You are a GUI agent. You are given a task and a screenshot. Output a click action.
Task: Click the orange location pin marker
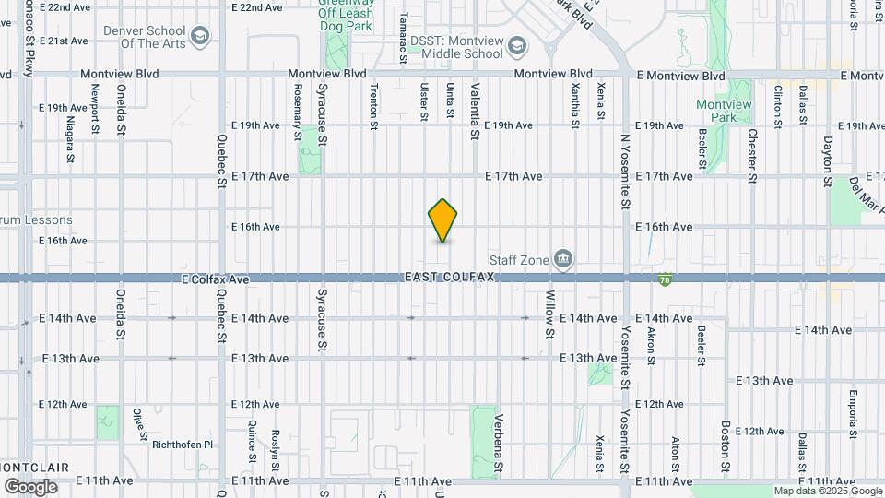point(443,220)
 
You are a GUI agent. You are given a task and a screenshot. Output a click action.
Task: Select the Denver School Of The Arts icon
point(200,37)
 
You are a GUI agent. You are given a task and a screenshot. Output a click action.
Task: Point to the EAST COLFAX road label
point(450,278)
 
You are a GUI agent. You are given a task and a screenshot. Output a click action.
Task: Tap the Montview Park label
point(724,111)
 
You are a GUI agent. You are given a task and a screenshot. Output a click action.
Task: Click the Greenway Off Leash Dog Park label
point(346,15)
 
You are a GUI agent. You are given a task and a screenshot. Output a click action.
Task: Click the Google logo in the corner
point(30,486)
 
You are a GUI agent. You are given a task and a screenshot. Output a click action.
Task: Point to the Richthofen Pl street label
point(183,444)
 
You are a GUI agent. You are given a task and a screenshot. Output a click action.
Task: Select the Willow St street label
point(549,314)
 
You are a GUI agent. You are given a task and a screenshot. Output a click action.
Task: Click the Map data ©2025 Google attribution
point(826,492)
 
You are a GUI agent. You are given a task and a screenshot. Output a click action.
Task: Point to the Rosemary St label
point(297,112)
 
